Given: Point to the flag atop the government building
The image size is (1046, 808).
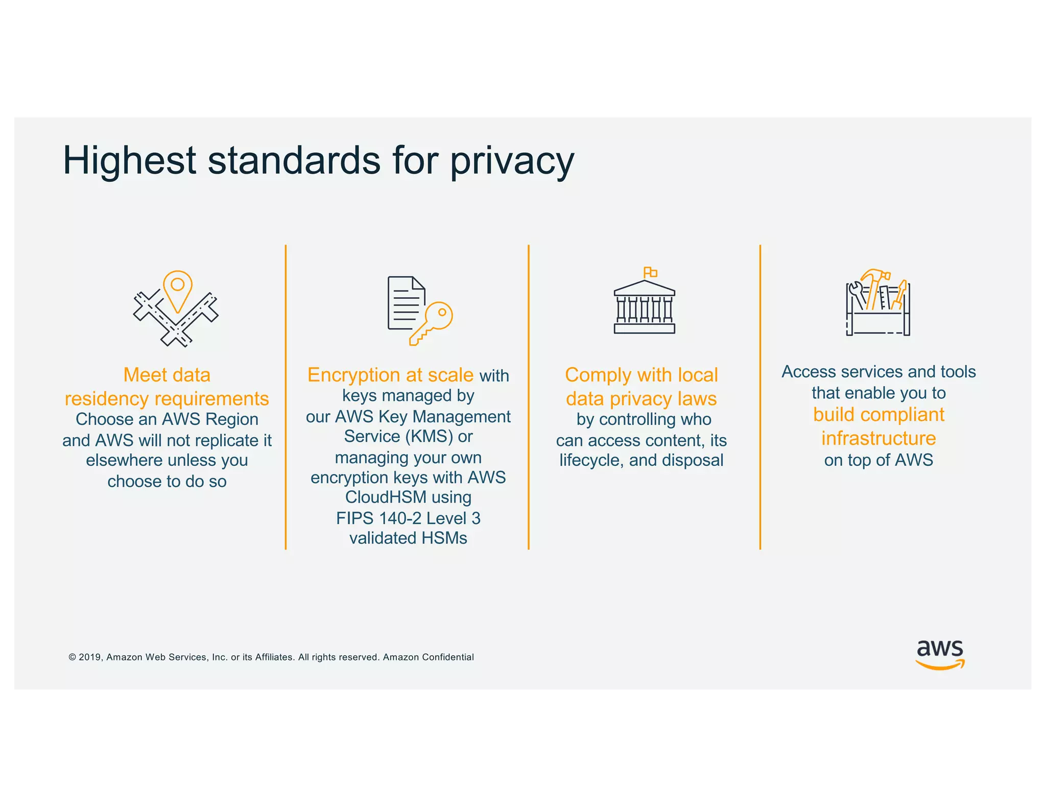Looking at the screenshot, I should tap(650, 272).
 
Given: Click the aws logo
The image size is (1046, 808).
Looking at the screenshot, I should tap(940, 654).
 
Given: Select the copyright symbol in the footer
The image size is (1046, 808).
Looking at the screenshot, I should tap(72, 657).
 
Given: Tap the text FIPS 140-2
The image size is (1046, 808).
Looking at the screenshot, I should tap(378, 518).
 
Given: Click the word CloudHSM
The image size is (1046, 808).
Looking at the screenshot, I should tap(386, 497).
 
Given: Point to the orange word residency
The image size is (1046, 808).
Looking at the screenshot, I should tap(106, 399).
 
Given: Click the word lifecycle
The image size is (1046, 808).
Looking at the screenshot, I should tap(591, 461).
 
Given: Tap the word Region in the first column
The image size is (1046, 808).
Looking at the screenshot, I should tap(232, 419).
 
